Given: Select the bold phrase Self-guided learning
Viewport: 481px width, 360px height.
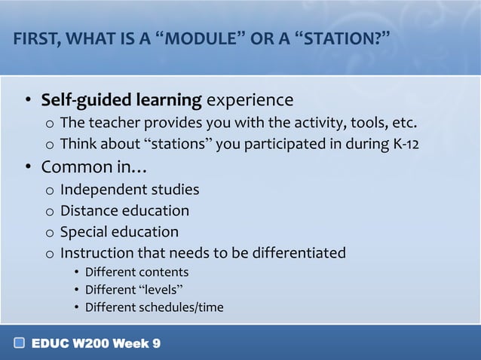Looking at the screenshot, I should (x=121, y=100).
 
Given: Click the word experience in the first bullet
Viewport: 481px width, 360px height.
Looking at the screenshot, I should (x=250, y=100).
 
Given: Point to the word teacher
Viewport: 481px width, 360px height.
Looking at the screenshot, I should (x=115, y=123).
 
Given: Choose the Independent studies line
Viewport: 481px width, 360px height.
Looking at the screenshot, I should (x=130, y=189).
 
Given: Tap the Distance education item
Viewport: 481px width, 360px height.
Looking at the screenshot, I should (x=124, y=211).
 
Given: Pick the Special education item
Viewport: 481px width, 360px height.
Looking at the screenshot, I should (x=119, y=232).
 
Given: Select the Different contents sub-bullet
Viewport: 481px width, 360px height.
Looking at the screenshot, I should (x=136, y=272).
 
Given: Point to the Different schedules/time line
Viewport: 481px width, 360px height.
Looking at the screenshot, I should (x=154, y=307).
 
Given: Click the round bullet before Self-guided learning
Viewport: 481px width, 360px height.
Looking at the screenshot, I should (x=27, y=101).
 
